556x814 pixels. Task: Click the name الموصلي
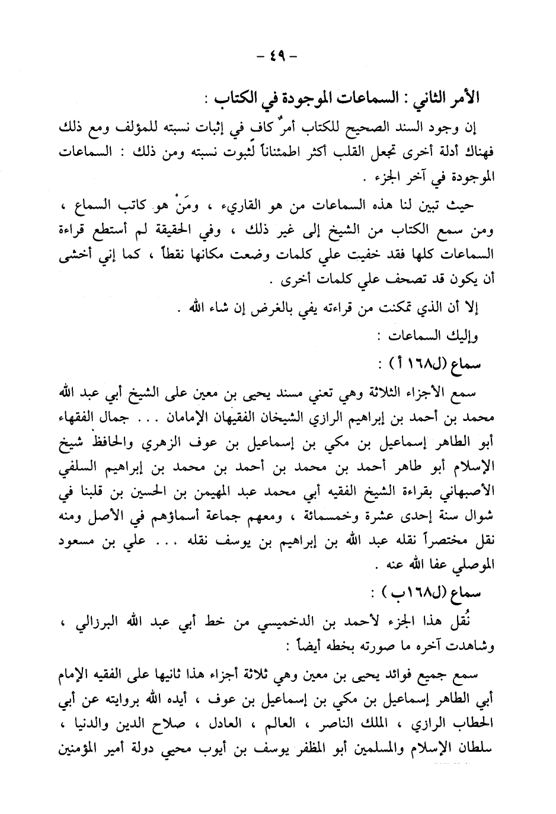tap(466, 566)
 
